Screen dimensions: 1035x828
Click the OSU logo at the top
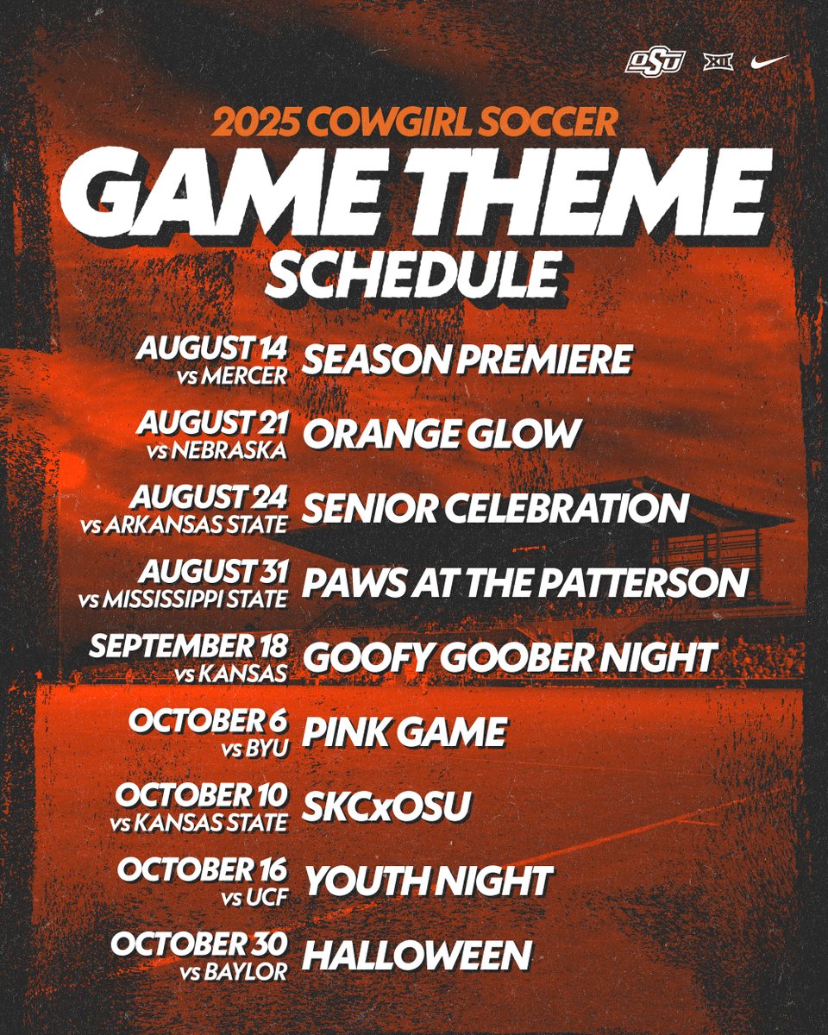pos(655,62)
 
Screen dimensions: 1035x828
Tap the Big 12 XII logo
pos(718,62)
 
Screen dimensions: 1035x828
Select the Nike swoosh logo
pos(769,61)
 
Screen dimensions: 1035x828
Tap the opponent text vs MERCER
pos(246,375)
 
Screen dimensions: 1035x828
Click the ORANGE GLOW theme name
pos(441,435)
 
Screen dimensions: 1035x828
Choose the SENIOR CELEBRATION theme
pos(495,509)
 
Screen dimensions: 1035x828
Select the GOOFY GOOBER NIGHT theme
pos(509,658)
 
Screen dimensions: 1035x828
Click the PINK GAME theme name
pos(404,733)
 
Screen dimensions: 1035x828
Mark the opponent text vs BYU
pos(255,749)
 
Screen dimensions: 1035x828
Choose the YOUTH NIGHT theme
pos(427,881)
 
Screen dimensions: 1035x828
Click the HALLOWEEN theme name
pos(417,956)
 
